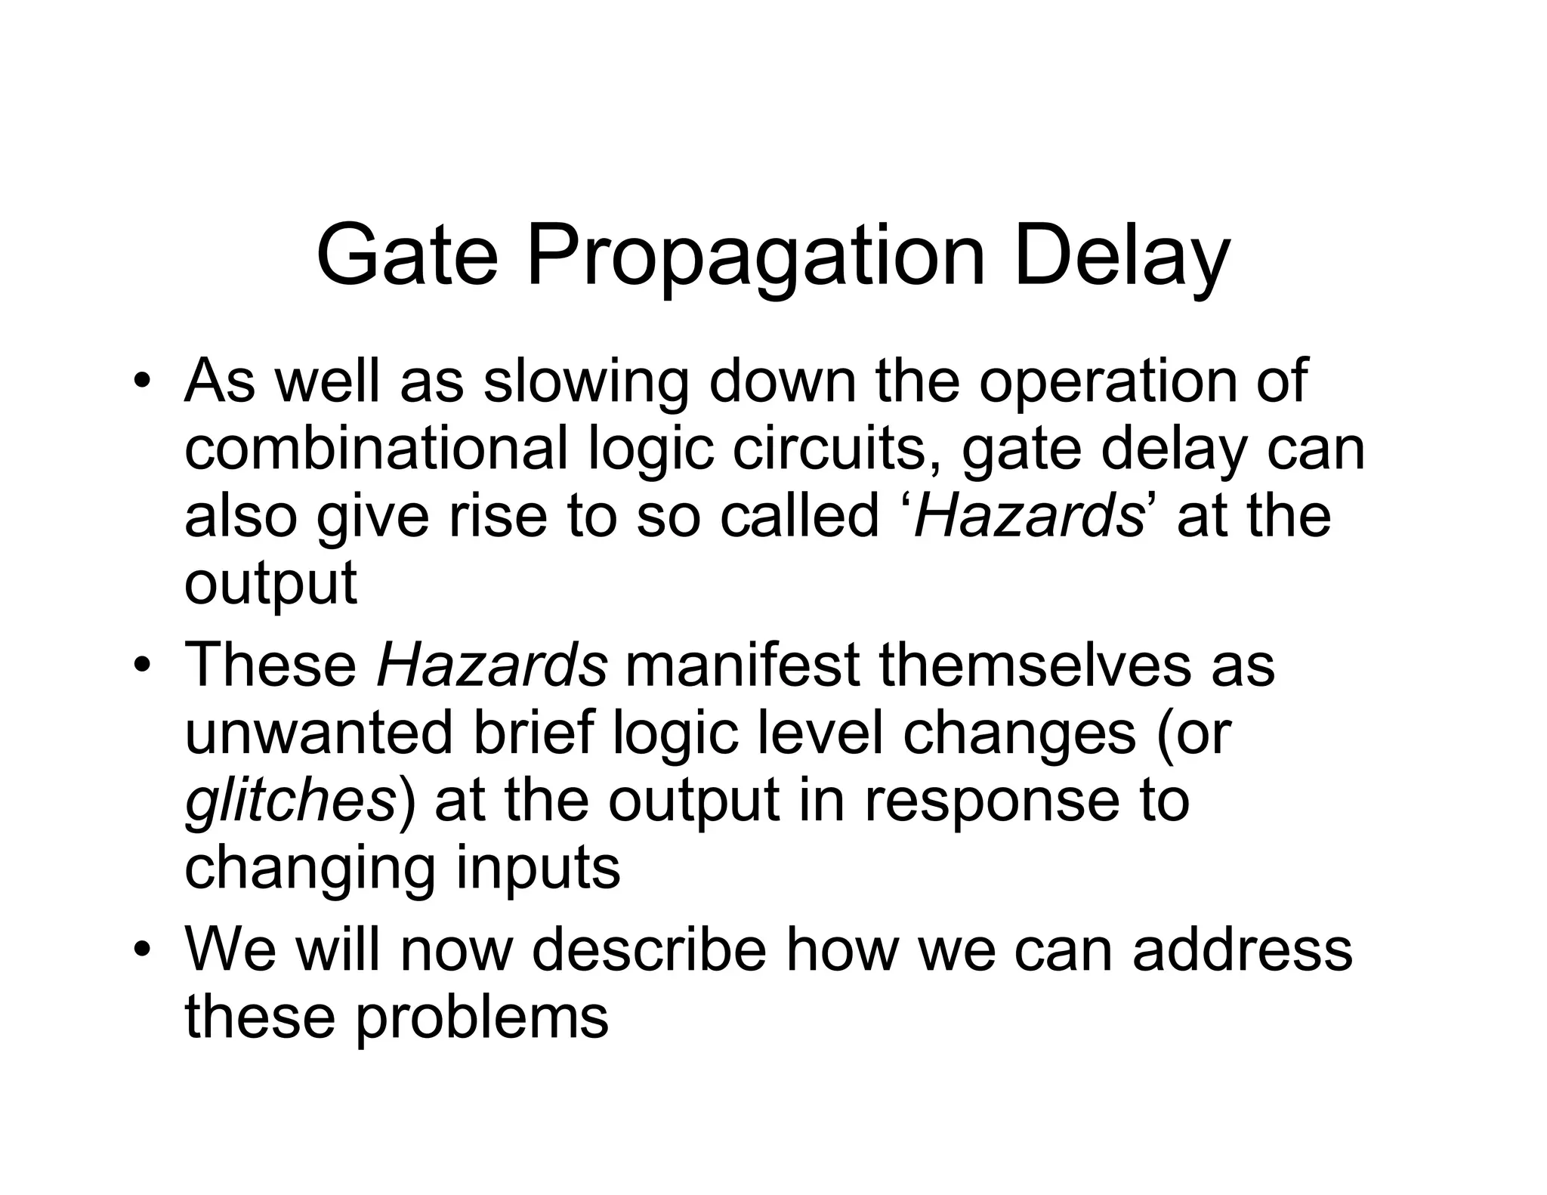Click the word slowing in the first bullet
586,384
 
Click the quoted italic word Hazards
1029,515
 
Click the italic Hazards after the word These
492,665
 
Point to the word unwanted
318,733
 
